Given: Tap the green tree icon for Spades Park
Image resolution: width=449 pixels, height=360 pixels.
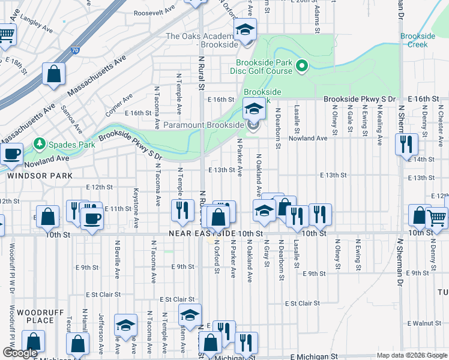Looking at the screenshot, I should [40, 144].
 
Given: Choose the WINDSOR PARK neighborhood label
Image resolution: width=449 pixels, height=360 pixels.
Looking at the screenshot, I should [40, 176].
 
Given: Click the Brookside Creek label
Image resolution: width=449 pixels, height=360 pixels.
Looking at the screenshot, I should [418, 41].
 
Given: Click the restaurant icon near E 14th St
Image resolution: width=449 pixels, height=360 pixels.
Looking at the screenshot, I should [406, 144].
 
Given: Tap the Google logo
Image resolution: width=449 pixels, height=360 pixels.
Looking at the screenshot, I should [20, 353].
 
